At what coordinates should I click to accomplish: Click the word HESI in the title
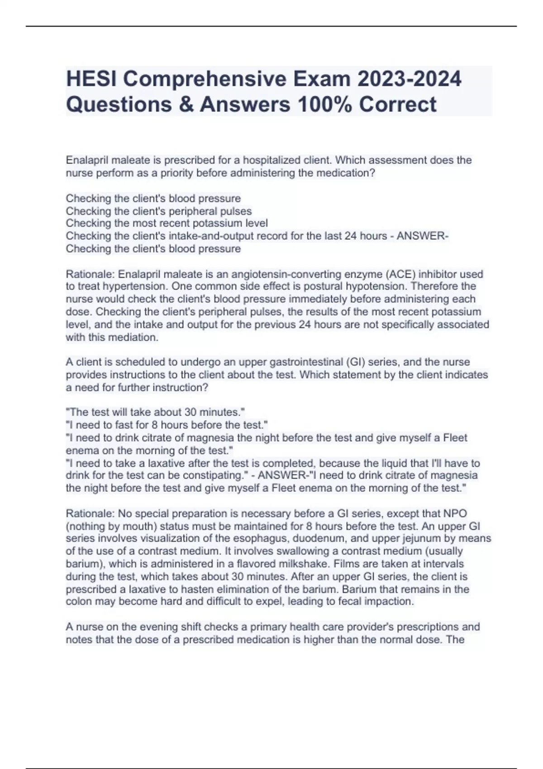91,79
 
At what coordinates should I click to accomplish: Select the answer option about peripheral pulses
158,211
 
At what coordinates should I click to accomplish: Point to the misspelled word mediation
134,337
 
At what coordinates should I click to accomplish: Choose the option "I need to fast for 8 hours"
167,425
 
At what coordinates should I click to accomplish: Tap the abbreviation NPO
455,513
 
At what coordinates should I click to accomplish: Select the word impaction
390,602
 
